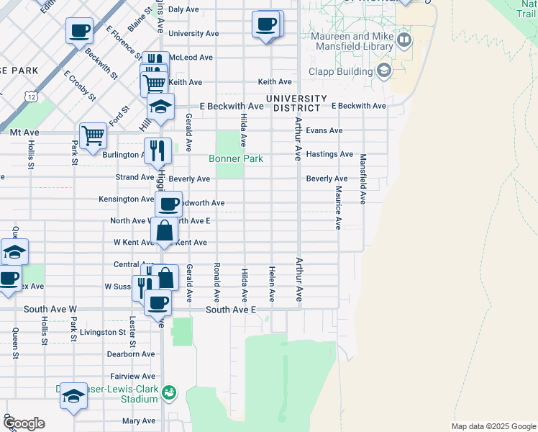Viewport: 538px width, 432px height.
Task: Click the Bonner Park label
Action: click(x=236, y=158)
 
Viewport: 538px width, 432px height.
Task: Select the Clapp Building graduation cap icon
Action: click(x=383, y=71)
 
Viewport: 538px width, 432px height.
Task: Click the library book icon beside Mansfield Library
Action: click(x=404, y=40)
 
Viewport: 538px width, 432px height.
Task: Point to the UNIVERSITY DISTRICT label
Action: click(x=296, y=103)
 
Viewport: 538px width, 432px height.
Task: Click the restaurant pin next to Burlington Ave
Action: click(x=158, y=150)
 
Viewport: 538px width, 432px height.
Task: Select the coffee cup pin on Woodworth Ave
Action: click(x=168, y=205)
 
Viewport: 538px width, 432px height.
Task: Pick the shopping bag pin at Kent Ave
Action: click(x=165, y=232)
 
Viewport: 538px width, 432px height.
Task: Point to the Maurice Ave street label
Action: click(x=337, y=207)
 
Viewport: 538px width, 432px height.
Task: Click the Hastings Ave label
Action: click(x=329, y=154)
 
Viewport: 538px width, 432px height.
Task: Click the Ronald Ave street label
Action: click(x=216, y=282)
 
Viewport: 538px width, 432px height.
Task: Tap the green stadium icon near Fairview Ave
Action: click(x=168, y=392)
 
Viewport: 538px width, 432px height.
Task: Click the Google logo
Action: click(x=23, y=423)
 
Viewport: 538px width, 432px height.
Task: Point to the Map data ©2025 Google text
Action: click(x=493, y=426)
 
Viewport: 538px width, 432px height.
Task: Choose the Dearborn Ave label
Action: click(x=131, y=354)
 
